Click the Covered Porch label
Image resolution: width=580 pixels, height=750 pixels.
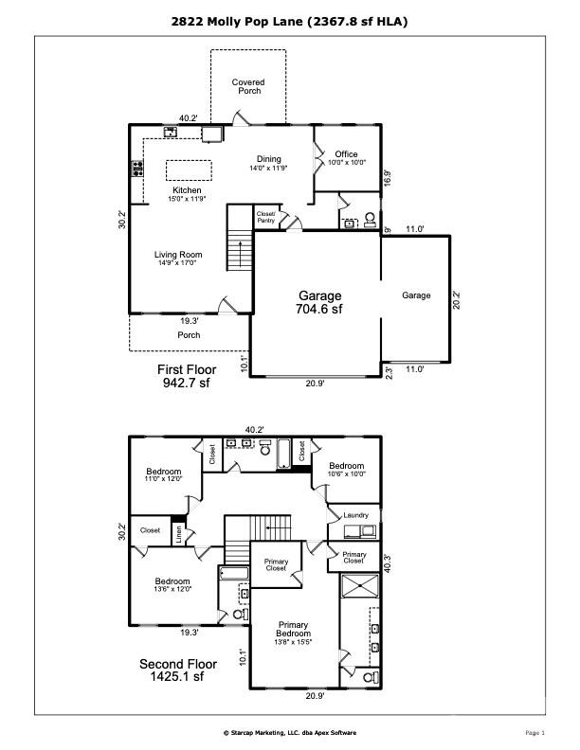(x=248, y=86)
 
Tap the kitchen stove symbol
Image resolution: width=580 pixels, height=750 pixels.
(x=137, y=169)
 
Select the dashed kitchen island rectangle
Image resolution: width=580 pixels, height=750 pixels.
(x=189, y=170)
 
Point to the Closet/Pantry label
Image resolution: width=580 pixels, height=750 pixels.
(x=266, y=217)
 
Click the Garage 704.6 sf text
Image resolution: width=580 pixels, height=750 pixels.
(x=319, y=302)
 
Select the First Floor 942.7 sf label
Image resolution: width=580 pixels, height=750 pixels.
(x=187, y=376)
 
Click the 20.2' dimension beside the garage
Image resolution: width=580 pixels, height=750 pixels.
(x=456, y=299)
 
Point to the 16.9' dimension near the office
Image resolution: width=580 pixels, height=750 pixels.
(x=388, y=178)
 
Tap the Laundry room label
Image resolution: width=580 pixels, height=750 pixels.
(x=356, y=515)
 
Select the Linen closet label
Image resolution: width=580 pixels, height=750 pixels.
(x=178, y=534)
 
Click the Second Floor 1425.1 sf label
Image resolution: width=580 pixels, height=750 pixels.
(x=178, y=670)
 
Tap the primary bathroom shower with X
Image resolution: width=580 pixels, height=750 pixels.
(x=359, y=586)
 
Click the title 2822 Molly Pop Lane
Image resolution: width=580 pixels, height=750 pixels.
(x=237, y=22)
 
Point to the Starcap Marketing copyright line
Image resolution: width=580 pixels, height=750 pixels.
(x=290, y=732)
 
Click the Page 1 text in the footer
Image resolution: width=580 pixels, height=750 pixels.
(x=535, y=732)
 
